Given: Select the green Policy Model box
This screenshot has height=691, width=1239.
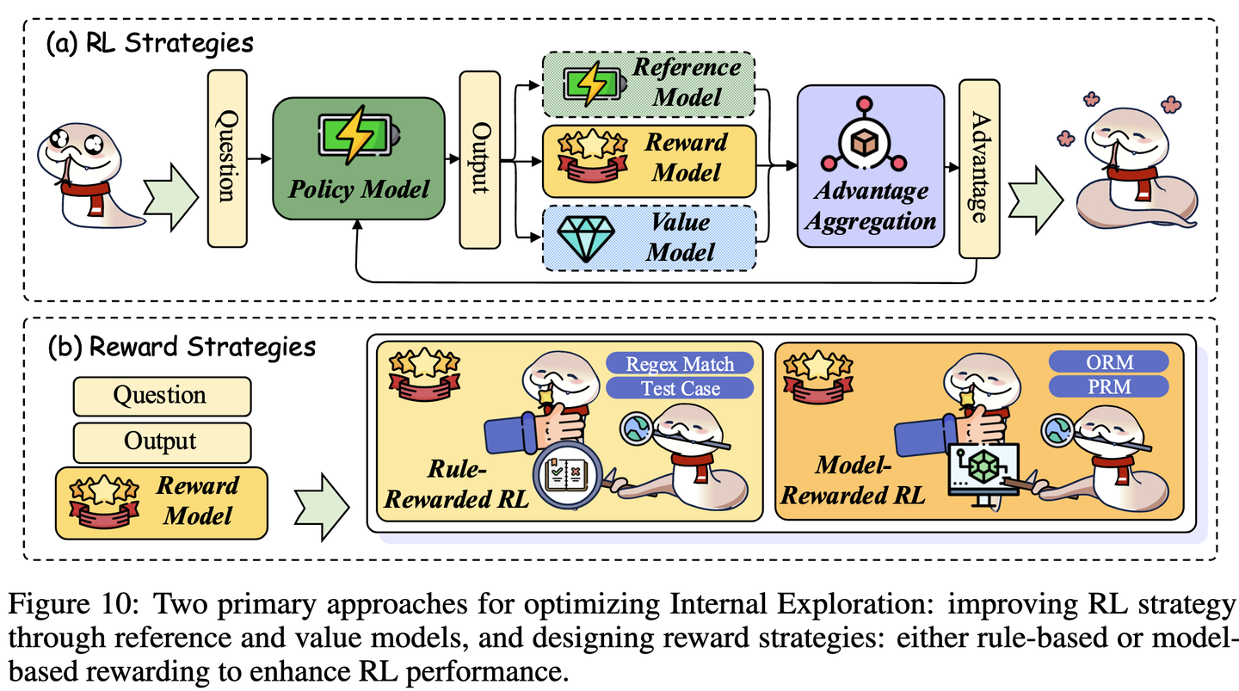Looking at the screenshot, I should (358, 161).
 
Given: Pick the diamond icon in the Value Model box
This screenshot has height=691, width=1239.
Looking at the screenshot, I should (584, 238).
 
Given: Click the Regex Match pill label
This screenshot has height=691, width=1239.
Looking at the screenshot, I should (681, 363).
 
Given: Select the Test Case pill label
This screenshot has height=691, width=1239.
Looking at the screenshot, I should (681, 388).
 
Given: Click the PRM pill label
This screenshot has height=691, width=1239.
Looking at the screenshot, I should (1109, 387).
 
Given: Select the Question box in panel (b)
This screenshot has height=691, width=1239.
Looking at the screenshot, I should (161, 396).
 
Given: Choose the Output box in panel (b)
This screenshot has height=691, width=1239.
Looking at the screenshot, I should (161, 441).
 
